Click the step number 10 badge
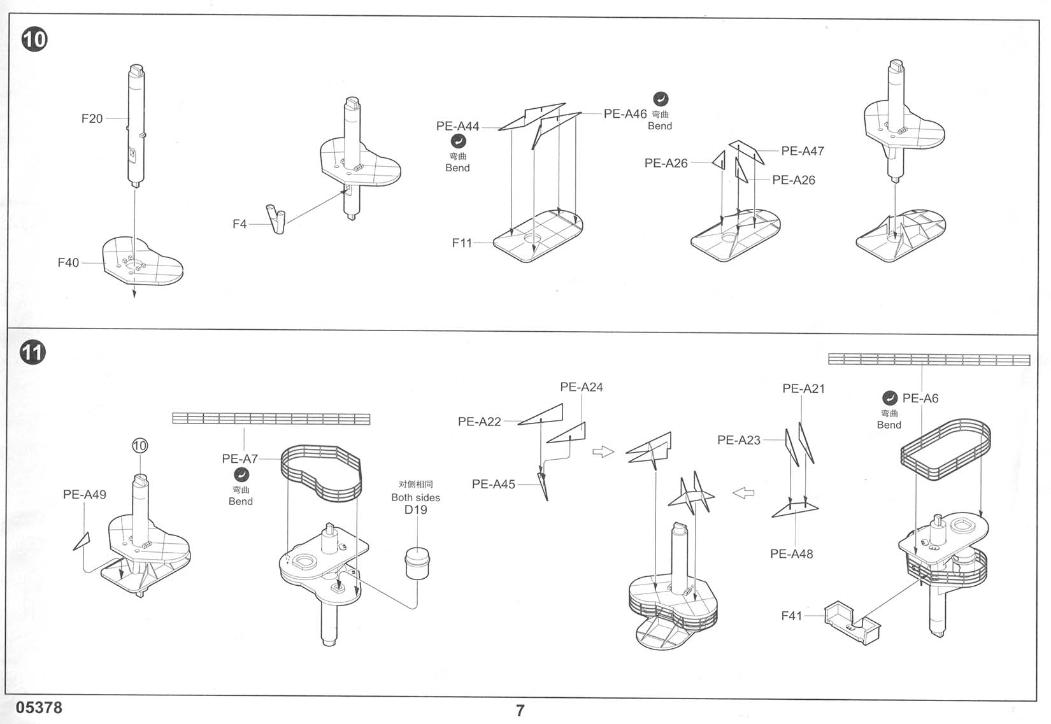(x=34, y=39)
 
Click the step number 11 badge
(x=32, y=351)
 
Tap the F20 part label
(x=92, y=118)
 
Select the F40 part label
(x=68, y=262)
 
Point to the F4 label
(x=239, y=224)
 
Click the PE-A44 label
(x=457, y=126)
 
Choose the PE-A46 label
(x=625, y=114)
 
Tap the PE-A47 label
(x=803, y=151)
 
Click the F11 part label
(x=462, y=243)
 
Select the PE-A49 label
(x=85, y=494)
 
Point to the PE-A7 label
(x=240, y=458)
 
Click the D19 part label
(x=415, y=509)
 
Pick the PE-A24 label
(x=581, y=387)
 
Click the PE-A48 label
(x=791, y=553)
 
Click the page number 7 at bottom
(x=520, y=711)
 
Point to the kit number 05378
(x=39, y=707)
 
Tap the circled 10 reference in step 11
(x=139, y=446)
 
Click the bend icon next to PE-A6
(x=889, y=398)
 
